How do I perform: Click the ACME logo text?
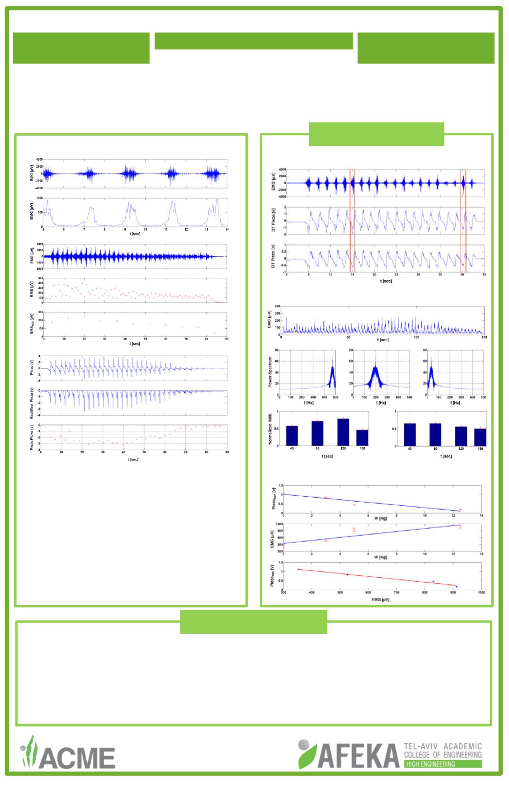[x=77, y=757]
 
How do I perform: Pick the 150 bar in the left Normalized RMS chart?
[x=363, y=438]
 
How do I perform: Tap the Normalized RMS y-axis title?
[x=270, y=428]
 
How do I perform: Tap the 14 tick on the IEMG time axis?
[x=227, y=230]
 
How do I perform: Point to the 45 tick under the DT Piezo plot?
[x=484, y=275]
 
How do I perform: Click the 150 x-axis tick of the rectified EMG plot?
[x=484, y=337]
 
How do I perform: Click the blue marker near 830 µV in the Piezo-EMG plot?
[x=433, y=581]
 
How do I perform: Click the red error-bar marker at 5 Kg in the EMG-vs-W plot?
[x=354, y=529]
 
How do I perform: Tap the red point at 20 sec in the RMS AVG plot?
[x=84, y=316]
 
